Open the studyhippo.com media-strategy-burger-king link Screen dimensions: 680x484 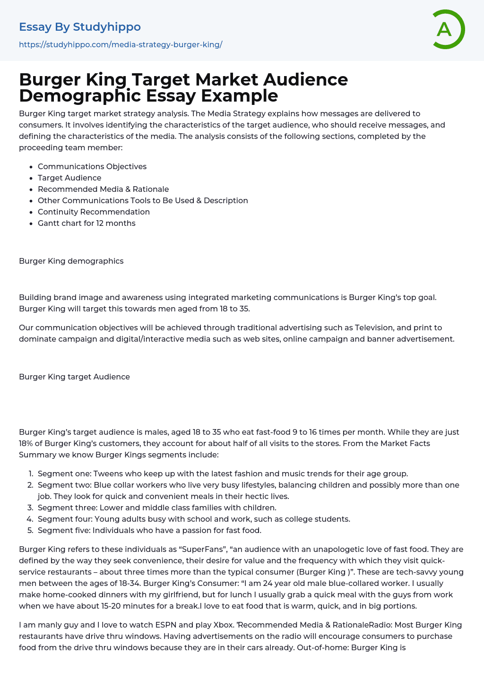tap(121, 44)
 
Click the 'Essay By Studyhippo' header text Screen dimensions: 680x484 tap(80, 27)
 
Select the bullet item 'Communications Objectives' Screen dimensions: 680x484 tap(92, 166)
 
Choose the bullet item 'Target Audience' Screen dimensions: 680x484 tap(69, 178)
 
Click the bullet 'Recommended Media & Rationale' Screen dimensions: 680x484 tap(103, 189)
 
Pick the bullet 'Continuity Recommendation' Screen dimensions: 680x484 tap(94, 212)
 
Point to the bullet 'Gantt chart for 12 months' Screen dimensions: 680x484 tap(86, 223)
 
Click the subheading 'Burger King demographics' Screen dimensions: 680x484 tap(71, 261)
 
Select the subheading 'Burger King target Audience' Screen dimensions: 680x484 tap(74, 377)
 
